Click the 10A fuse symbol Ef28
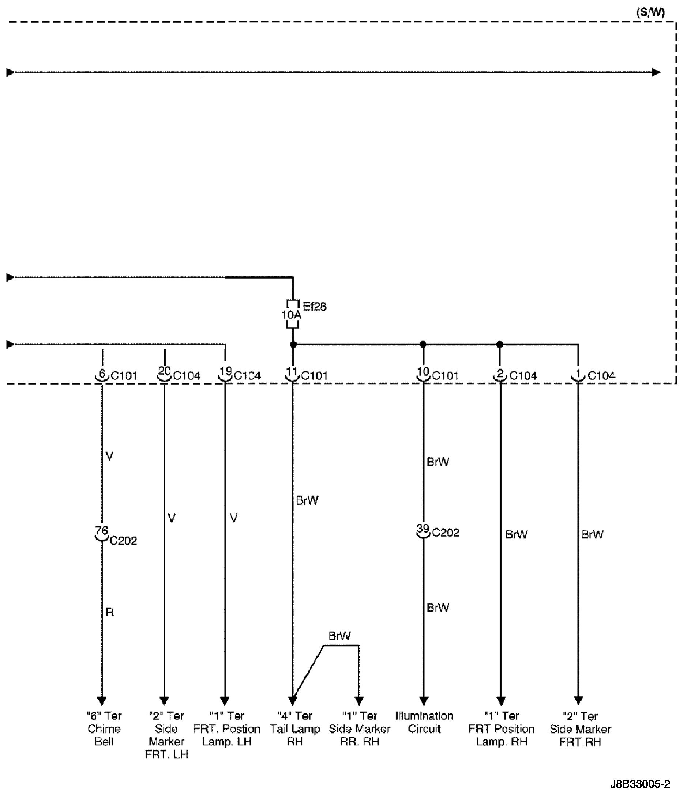click(x=293, y=314)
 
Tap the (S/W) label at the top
click(x=650, y=12)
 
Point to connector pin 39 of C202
click(x=423, y=531)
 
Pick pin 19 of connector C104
click(x=225, y=373)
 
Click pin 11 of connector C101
click(x=292, y=373)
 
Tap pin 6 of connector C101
click(x=102, y=374)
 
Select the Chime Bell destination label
click(x=104, y=728)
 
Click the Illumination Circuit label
click(x=424, y=722)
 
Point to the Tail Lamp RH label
click(x=294, y=728)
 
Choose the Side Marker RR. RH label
click(x=360, y=728)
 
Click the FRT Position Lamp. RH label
click(x=501, y=728)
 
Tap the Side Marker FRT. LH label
click(x=166, y=735)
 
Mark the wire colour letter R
click(x=110, y=612)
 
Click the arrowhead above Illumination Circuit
click(x=424, y=701)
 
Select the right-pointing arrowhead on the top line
click(x=656, y=72)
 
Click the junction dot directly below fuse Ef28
click(x=293, y=345)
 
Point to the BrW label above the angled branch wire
click(x=339, y=636)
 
